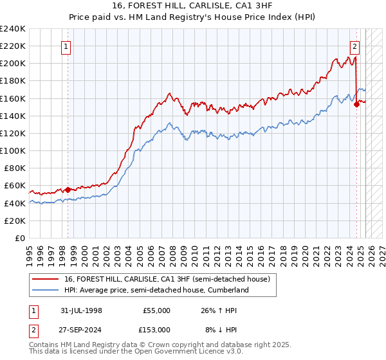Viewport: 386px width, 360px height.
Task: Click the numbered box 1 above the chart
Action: [67, 46]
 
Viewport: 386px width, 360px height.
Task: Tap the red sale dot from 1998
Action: [68, 190]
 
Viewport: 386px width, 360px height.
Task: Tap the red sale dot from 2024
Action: [356, 105]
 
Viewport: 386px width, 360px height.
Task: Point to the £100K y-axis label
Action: [13, 150]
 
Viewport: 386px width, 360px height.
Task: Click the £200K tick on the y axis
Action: [13, 64]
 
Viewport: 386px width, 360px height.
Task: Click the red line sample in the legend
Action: [46, 280]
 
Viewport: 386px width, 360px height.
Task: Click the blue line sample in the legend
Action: [46, 291]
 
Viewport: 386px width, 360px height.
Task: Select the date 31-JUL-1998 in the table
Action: [81, 310]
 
